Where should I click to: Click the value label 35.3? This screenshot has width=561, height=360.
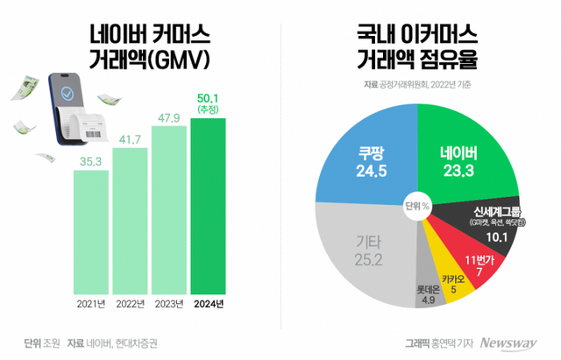90,160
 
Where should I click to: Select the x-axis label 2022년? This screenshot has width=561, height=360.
130,304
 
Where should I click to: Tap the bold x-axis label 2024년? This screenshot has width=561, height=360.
208,304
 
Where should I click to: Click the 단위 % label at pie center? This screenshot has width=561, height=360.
417,207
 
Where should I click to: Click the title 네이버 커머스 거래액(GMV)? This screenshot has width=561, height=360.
145,47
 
